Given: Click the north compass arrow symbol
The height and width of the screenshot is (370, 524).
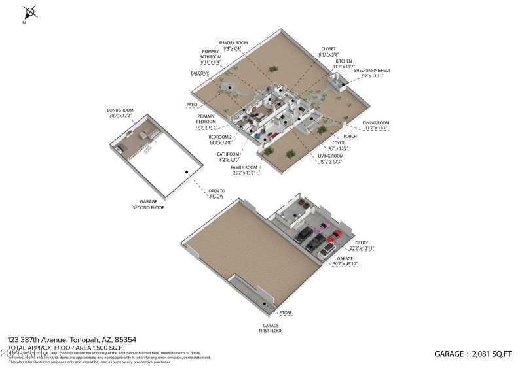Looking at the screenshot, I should pyautogui.click(x=30, y=12).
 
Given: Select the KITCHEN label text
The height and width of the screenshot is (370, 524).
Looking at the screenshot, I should pyautogui.click(x=344, y=61).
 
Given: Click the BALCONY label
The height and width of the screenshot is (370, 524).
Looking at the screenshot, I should pyautogui.click(x=200, y=73).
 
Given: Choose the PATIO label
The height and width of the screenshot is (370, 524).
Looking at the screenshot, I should pyautogui.click(x=192, y=104).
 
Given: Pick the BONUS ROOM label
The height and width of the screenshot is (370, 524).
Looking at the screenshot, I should pyautogui.click(x=120, y=110).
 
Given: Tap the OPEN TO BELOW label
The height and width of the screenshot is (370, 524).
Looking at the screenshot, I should pyautogui.click(x=217, y=193).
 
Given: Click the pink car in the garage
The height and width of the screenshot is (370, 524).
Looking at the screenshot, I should pyautogui.click(x=322, y=227).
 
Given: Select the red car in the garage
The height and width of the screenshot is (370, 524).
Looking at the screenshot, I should pyautogui.click(x=337, y=235).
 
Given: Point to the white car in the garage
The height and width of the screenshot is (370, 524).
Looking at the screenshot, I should pyautogui.click(x=327, y=248).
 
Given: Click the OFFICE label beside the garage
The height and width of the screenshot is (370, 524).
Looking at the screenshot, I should pyautogui.click(x=380, y=243).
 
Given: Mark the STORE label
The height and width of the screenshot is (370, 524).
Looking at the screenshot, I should pyautogui.click(x=286, y=313).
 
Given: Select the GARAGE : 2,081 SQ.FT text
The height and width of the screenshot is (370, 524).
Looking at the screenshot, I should pyautogui.click(x=472, y=354).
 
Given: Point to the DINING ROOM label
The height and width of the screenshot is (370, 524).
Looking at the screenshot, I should pyautogui.click(x=376, y=123).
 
